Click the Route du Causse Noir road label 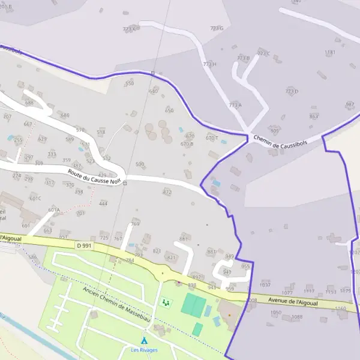point(95,176)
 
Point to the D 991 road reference point(85,245)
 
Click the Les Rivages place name point(144,350)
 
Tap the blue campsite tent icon point(144,341)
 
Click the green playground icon point(166,302)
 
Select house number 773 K point(130,29)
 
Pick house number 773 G point(217,28)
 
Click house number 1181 point(330,53)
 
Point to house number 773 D point(292,91)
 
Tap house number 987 point(350,104)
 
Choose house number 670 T point(212,138)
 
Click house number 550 point(130,83)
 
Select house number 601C point(35,198)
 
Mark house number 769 point(135,224)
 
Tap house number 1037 point(265,284)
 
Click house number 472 point(167,193)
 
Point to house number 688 point(29,103)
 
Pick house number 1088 point(296,317)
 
